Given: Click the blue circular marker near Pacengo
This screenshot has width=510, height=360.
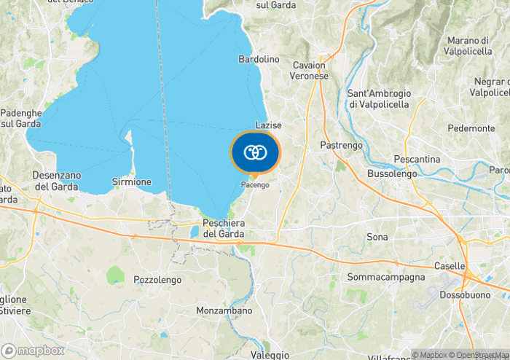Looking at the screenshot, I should click(x=255, y=152).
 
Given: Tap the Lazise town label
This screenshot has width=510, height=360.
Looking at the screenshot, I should click(x=268, y=125).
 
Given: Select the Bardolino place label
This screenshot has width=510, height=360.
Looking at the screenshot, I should click(x=259, y=59).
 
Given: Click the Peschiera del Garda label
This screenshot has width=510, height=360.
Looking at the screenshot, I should click(x=224, y=228).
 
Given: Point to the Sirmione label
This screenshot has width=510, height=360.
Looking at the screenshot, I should click(x=132, y=181).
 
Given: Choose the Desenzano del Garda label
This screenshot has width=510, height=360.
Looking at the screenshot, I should click(x=55, y=181).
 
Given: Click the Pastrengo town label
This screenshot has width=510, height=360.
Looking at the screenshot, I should click(x=341, y=146).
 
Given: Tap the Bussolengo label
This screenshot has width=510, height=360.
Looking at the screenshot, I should click(x=392, y=174).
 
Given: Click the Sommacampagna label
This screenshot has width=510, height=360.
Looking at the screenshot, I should click(x=385, y=278).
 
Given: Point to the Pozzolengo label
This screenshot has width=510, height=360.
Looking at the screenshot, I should click(x=156, y=279).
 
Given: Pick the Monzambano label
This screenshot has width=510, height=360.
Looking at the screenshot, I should click(x=224, y=310).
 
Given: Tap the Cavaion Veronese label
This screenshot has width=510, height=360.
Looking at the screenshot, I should click(x=309, y=70).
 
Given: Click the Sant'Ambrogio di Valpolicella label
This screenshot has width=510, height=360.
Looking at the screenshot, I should click(x=379, y=99).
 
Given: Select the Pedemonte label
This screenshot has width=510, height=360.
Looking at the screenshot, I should click(x=471, y=128).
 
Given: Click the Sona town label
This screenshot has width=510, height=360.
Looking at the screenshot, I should click(x=377, y=238).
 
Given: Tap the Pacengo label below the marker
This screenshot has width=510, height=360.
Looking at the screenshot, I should click(x=255, y=185).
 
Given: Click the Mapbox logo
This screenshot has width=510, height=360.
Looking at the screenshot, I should click(x=33, y=351).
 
